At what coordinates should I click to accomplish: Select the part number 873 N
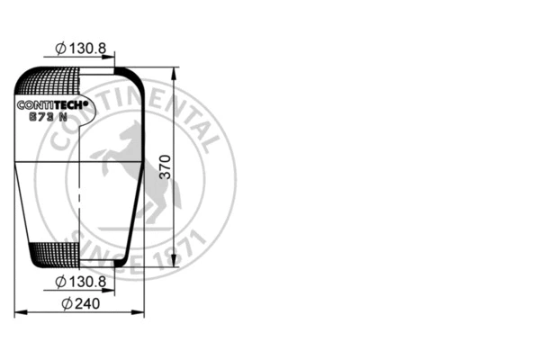[x=49, y=116]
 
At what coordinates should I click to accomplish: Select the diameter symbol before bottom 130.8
[x=59, y=282]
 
